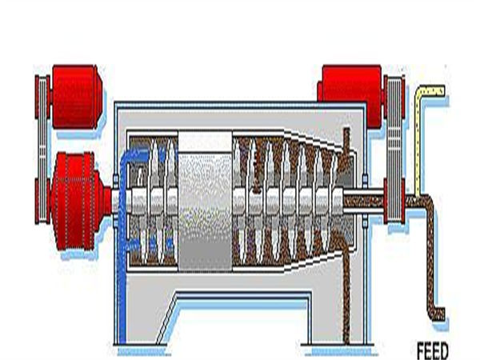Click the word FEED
point(433,351)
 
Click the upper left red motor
point(77,96)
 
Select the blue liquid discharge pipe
point(123,245)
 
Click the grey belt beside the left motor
point(42,149)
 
